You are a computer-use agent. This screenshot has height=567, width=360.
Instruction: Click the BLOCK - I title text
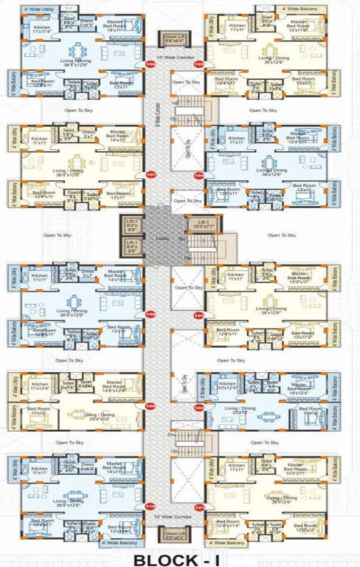[x=179, y=555]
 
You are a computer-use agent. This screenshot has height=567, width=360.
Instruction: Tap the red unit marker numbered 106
[x=151, y=64]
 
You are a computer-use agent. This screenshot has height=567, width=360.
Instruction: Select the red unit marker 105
[x=198, y=64]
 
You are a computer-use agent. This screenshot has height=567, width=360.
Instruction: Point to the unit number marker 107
[x=152, y=175]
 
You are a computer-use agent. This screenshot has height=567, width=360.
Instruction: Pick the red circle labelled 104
[x=198, y=175]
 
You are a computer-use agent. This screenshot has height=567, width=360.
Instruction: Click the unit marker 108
[x=151, y=315]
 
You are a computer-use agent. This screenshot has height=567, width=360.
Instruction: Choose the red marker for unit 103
[x=198, y=315]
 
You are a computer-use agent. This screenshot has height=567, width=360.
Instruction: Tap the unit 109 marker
[x=151, y=406]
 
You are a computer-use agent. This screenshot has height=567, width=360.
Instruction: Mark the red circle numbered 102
[x=198, y=406]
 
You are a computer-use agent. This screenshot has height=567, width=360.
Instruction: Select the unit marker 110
[x=151, y=506]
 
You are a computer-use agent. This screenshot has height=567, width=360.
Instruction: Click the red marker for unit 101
[x=198, y=506]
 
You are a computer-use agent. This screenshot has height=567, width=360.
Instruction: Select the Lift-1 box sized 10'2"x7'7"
[x=199, y=224]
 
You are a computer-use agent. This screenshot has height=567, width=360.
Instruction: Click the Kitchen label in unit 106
[x=42, y=30]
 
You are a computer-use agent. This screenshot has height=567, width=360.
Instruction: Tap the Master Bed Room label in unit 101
[x=298, y=467]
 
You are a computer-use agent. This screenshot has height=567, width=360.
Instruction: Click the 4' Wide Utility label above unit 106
[x=40, y=9]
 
